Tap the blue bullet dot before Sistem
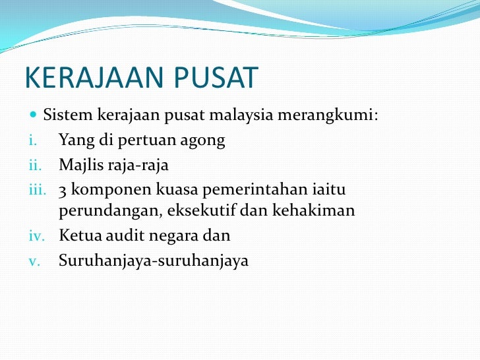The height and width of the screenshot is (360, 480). (34, 116)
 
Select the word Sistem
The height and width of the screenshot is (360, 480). (69, 117)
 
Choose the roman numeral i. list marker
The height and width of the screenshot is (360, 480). (32, 140)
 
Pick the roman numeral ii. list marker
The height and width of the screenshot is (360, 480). (34, 164)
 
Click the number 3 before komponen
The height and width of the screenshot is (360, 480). (63, 190)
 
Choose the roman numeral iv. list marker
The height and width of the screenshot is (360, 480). (34, 235)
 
